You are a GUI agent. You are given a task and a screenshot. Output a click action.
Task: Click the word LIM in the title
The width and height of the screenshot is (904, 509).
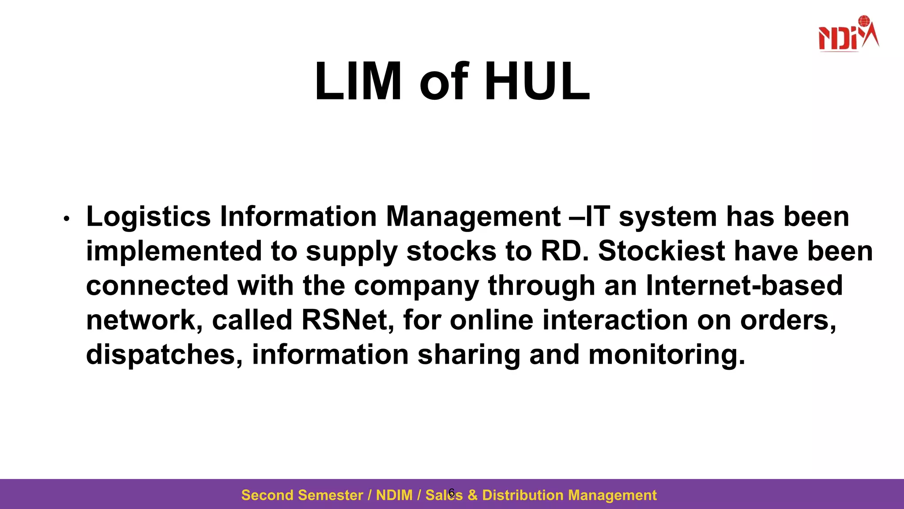pyautogui.click(x=358, y=82)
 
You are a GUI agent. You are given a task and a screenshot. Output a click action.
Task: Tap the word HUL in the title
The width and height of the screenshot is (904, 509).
pyautogui.click(x=537, y=82)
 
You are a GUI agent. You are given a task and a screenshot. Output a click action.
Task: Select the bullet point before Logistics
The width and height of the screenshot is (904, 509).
pyautogui.click(x=67, y=219)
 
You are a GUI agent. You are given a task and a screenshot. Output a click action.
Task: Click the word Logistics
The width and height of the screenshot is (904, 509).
pyautogui.click(x=148, y=217)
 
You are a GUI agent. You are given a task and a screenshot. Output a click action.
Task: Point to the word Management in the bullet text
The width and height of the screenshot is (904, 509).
pyautogui.click(x=473, y=217)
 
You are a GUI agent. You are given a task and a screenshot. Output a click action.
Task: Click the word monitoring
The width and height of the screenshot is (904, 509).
pyautogui.click(x=667, y=355)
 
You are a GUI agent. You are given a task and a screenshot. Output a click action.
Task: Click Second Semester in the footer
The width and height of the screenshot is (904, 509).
pyautogui.click(x=302, y=495)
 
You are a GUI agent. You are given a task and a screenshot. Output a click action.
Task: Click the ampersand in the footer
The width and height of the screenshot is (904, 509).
pyautogui.click(x=472, y=495)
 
